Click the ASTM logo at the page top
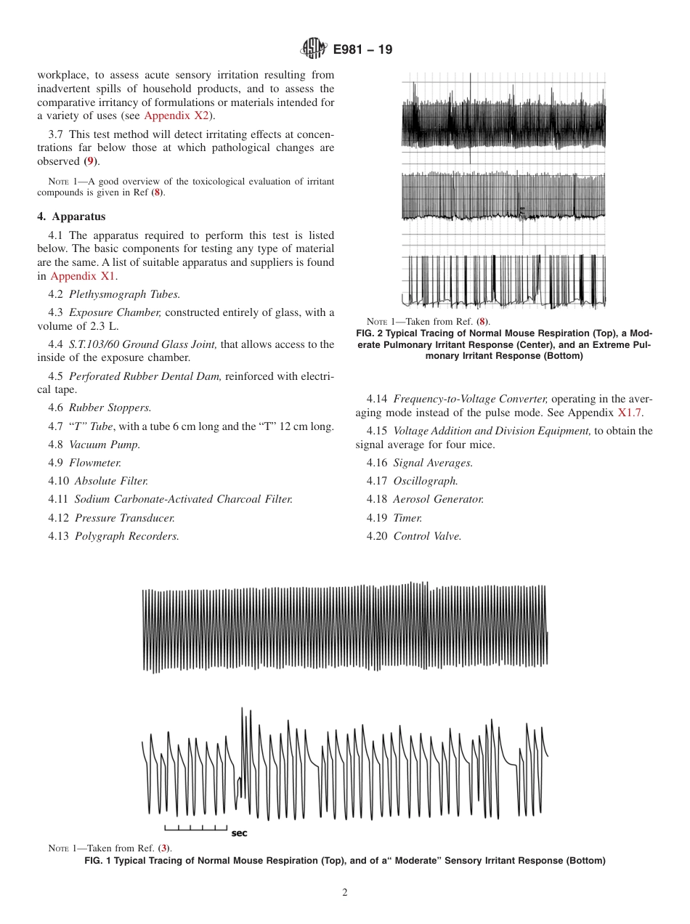[314, 49]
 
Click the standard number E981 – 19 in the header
[362, 50]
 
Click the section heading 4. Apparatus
[71, 216]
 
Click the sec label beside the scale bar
[239, 833]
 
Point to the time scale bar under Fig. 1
[196, 827]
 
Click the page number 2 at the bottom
[345, 893]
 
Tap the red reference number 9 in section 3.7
[91, 161]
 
